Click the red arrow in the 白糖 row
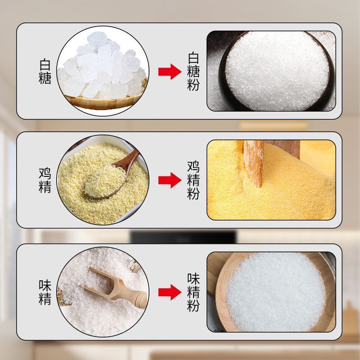170,72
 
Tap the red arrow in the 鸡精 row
170,180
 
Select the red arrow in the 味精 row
170,292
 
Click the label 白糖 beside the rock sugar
45,72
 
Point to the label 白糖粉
193,72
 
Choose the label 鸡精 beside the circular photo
45,180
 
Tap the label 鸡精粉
193,180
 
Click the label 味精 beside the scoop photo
45,292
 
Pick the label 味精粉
193,292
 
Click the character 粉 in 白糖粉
193,85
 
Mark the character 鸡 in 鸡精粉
193,167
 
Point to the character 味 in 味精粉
193,279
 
